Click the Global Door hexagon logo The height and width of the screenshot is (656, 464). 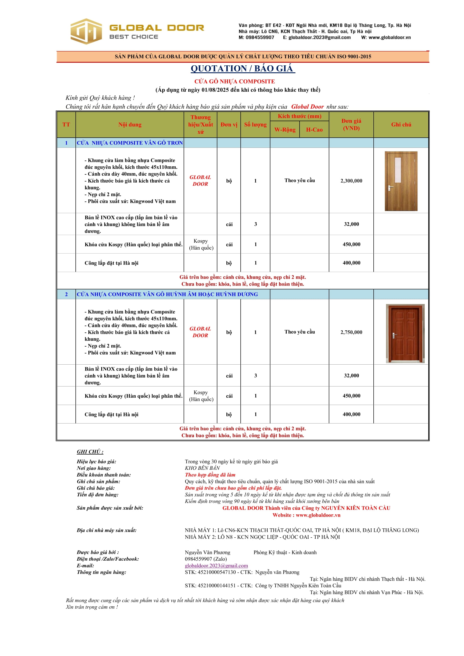[x=86, y=31]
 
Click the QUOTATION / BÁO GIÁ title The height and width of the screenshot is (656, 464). [x=243, y=68]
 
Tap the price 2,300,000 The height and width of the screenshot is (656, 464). [x=351, y=181]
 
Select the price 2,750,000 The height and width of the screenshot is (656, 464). [x=351, y=332]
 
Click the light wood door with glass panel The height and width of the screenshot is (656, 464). [x=401, y=181]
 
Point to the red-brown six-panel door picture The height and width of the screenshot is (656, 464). [x=405, y=333]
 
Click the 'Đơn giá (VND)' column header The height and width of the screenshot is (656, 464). [x=351, y=125]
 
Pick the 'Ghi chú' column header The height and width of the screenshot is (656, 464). [x=401, y=125]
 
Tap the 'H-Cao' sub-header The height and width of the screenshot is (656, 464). [x=314, y=130]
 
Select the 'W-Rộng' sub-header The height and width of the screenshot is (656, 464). [x=285, y=130]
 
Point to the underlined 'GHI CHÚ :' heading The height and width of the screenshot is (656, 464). [x=90, y=452]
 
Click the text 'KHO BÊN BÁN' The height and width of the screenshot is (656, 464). [x=202, y=468]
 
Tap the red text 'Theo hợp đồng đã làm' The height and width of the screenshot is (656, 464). [x=210, y=475]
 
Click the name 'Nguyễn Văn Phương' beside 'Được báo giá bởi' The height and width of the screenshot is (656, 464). [x=207, y=553]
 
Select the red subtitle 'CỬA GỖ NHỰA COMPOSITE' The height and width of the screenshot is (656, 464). [x=235, y=81]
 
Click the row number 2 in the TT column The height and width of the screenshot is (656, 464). [x=66, y=294]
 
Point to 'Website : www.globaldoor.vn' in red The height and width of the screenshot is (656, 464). [x=306, y=515]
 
